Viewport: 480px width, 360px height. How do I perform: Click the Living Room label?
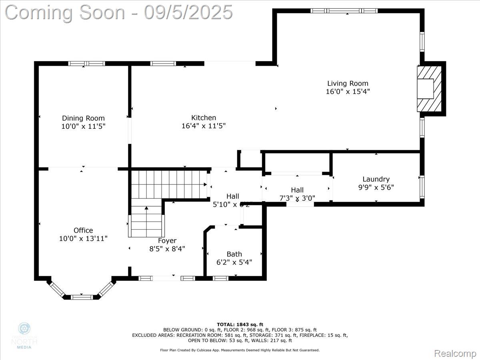click(348, 84)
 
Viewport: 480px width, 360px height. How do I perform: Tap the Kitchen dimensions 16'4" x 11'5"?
click(204, 126)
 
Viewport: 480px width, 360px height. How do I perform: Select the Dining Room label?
click(83, 118)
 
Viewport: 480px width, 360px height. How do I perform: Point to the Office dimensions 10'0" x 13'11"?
click(83, 238)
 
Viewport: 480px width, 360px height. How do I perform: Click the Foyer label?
click(167, 240)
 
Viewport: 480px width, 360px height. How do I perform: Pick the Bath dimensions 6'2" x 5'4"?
click(234, 262)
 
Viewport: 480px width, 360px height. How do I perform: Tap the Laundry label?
click(376, 179)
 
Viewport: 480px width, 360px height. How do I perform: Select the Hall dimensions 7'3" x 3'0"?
click(297, 198)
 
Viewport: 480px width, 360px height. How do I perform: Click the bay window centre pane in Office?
click(82, 297)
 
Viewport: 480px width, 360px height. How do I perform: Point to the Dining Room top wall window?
click(86, 63)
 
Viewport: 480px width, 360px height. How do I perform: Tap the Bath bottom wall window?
click(220, 278)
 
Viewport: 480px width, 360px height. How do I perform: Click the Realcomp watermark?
click(455, 353)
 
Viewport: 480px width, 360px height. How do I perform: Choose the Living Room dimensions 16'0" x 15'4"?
click(348, 92)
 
